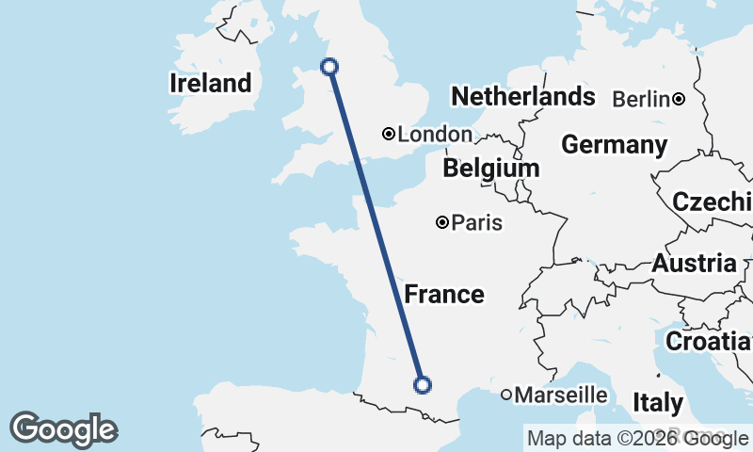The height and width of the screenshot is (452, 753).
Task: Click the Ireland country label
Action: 211,83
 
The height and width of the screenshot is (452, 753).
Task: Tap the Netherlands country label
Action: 522,96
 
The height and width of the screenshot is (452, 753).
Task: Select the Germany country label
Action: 614,145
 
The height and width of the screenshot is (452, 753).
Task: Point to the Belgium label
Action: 491,169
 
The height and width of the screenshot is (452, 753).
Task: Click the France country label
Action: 444,295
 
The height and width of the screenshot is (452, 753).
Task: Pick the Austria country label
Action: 694,263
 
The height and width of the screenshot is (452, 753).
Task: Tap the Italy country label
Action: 658,403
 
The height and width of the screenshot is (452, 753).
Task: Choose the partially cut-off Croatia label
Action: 709,341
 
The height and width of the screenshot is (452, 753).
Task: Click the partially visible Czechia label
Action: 712,202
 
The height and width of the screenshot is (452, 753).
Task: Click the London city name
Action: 435,135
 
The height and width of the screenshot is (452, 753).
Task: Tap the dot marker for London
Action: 388,134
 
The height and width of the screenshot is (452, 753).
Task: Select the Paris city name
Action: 476,223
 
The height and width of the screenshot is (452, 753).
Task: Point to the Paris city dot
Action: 441,223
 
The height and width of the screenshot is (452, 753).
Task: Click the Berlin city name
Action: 641,99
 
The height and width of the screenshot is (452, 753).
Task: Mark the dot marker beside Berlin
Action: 678,99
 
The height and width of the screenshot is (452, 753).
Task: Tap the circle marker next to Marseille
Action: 506,395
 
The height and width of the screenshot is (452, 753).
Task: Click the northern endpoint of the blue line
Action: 329,66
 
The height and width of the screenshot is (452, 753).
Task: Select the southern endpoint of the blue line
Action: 423,384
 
